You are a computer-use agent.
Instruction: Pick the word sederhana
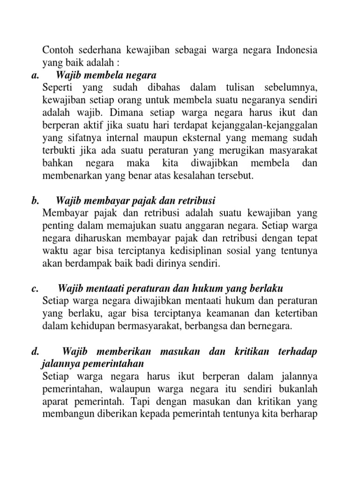[98, 50]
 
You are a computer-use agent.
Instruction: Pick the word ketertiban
[295, 314]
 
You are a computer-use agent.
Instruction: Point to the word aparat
[56, 389]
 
